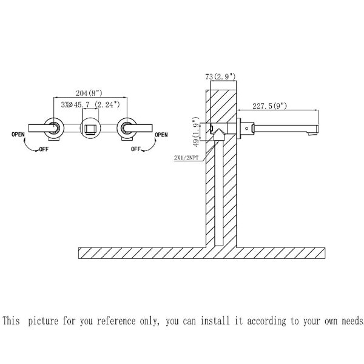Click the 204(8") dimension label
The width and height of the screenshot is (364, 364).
click(89, 93)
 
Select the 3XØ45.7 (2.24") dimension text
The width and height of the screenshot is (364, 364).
click(90, 105)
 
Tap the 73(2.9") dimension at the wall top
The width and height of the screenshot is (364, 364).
click(220, 76)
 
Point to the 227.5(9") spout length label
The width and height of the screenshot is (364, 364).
click(270, 106)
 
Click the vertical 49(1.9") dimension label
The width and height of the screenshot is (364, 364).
click(196, 132)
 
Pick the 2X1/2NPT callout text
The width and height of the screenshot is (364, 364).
click(186, 158)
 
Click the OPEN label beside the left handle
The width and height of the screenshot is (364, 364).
click(18, 135)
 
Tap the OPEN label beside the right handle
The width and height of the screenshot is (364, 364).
click(161, 135)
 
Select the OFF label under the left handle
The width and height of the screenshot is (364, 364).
click(44, 149)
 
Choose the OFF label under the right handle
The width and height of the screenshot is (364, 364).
click(136, 149)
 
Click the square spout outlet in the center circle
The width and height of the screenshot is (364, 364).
click(90, 129)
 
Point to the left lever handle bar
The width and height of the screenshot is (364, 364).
click(42, 128)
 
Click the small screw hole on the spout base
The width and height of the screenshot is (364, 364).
click(247, 128)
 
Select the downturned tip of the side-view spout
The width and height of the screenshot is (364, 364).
click(313, 133)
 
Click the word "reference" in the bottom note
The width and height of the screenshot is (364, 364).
click(116, 321)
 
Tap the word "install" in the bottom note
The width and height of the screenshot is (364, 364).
click(215, 320)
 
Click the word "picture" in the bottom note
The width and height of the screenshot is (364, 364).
click(43, 322)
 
